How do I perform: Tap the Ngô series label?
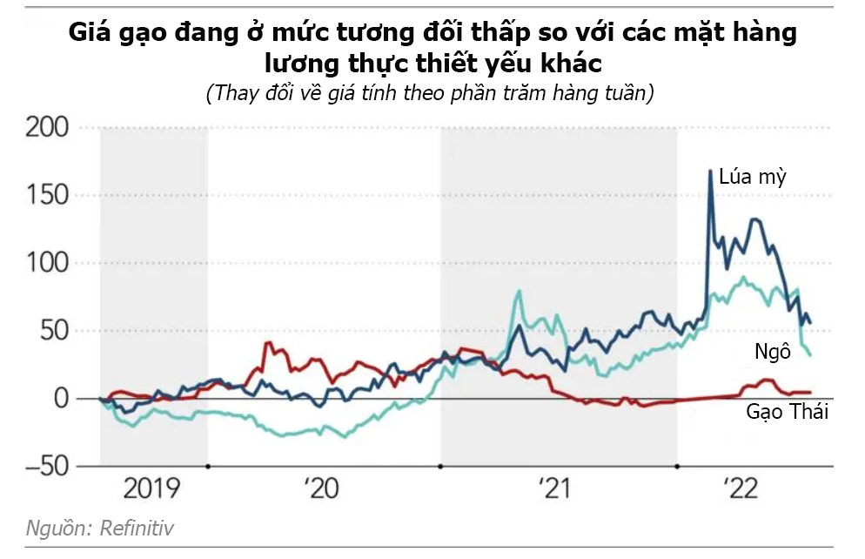click(772, 352)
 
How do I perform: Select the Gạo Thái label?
click(787, 412)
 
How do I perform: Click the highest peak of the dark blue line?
click(710, 171)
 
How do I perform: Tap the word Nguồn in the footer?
click(58, 528)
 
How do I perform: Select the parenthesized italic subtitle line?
click(430, 93)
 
